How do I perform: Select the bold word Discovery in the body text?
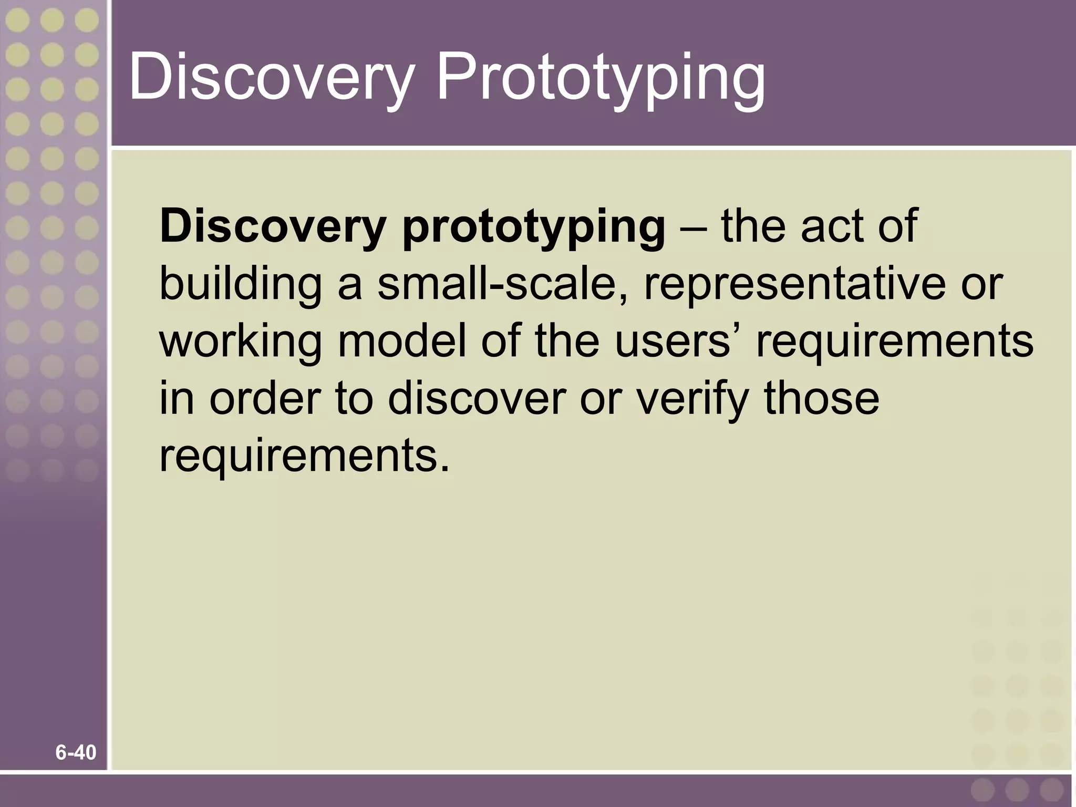[x=272, y=227]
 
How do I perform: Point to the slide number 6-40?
[x=76, y=753]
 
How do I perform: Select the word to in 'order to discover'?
[x=354, y=398]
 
